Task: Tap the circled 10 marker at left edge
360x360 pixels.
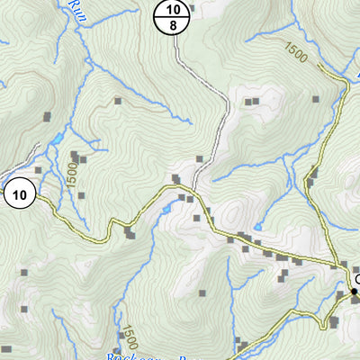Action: pyautogui.click(x=19, y=193)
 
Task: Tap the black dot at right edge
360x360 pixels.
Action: pyautogui.click(x=353, y=291)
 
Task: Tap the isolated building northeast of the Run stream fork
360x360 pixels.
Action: pyautogui.click(x=118, y=102)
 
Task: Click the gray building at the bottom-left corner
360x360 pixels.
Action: pyautogui.click(x=7, y=349)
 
